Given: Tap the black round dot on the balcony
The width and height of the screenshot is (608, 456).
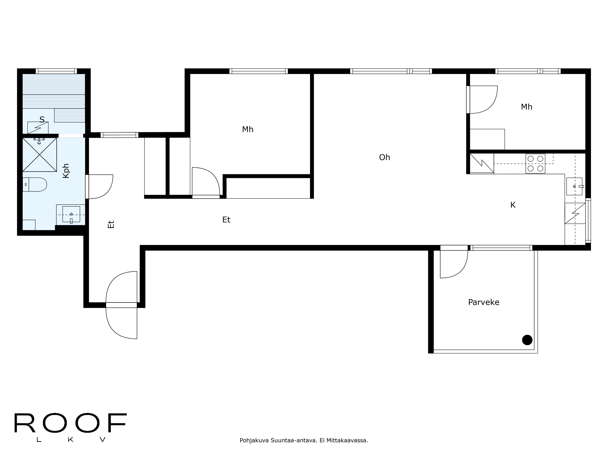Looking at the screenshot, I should click(x=527, y=340).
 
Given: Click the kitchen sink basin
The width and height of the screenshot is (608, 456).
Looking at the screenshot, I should click(x=574, y=186).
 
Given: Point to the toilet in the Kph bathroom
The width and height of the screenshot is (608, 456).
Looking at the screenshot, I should click(x=35, y=184).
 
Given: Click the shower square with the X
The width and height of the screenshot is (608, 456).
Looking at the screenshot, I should click(x=40, y=155).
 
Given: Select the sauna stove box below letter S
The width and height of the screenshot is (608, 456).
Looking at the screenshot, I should click(x=38, y=128).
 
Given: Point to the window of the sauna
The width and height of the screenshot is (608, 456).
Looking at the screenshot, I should click(x=56, y=71).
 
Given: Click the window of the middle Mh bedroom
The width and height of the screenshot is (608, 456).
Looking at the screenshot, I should click(x=258, y=71).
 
